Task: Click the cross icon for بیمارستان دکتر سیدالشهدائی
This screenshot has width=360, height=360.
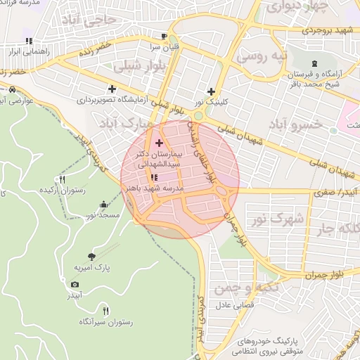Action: pos(158,143)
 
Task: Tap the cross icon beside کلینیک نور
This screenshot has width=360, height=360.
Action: pos(211,91)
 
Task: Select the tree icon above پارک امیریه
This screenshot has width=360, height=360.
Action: pos(91,257)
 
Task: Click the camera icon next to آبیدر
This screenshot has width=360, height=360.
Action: pos(75,284)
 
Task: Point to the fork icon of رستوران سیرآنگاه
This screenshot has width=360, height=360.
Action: pos(105,310)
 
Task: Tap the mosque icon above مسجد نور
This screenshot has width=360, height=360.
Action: pos(104,205)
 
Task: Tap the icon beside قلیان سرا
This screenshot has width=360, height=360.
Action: pos(164,36)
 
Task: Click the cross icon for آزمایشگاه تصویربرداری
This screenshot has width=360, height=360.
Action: pos(112,89)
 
